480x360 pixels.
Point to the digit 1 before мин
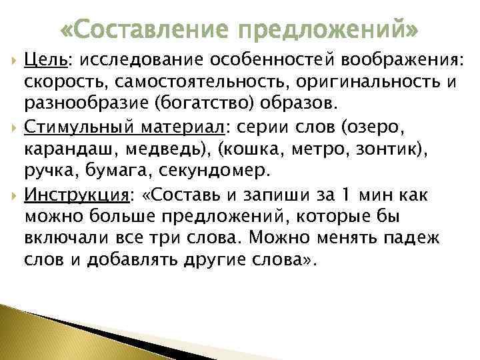[344, 196]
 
